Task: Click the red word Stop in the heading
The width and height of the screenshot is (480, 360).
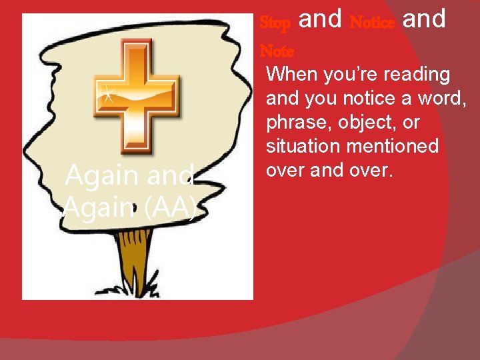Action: click(x=275, y=23)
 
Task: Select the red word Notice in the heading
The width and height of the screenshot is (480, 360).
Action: click(x=371, y=23)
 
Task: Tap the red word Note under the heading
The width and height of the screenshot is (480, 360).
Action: click(x=276, y=51)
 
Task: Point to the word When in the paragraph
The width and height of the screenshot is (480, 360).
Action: click(x=292, y=75)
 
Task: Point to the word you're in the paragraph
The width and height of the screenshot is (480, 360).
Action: click(x=347, y=75)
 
